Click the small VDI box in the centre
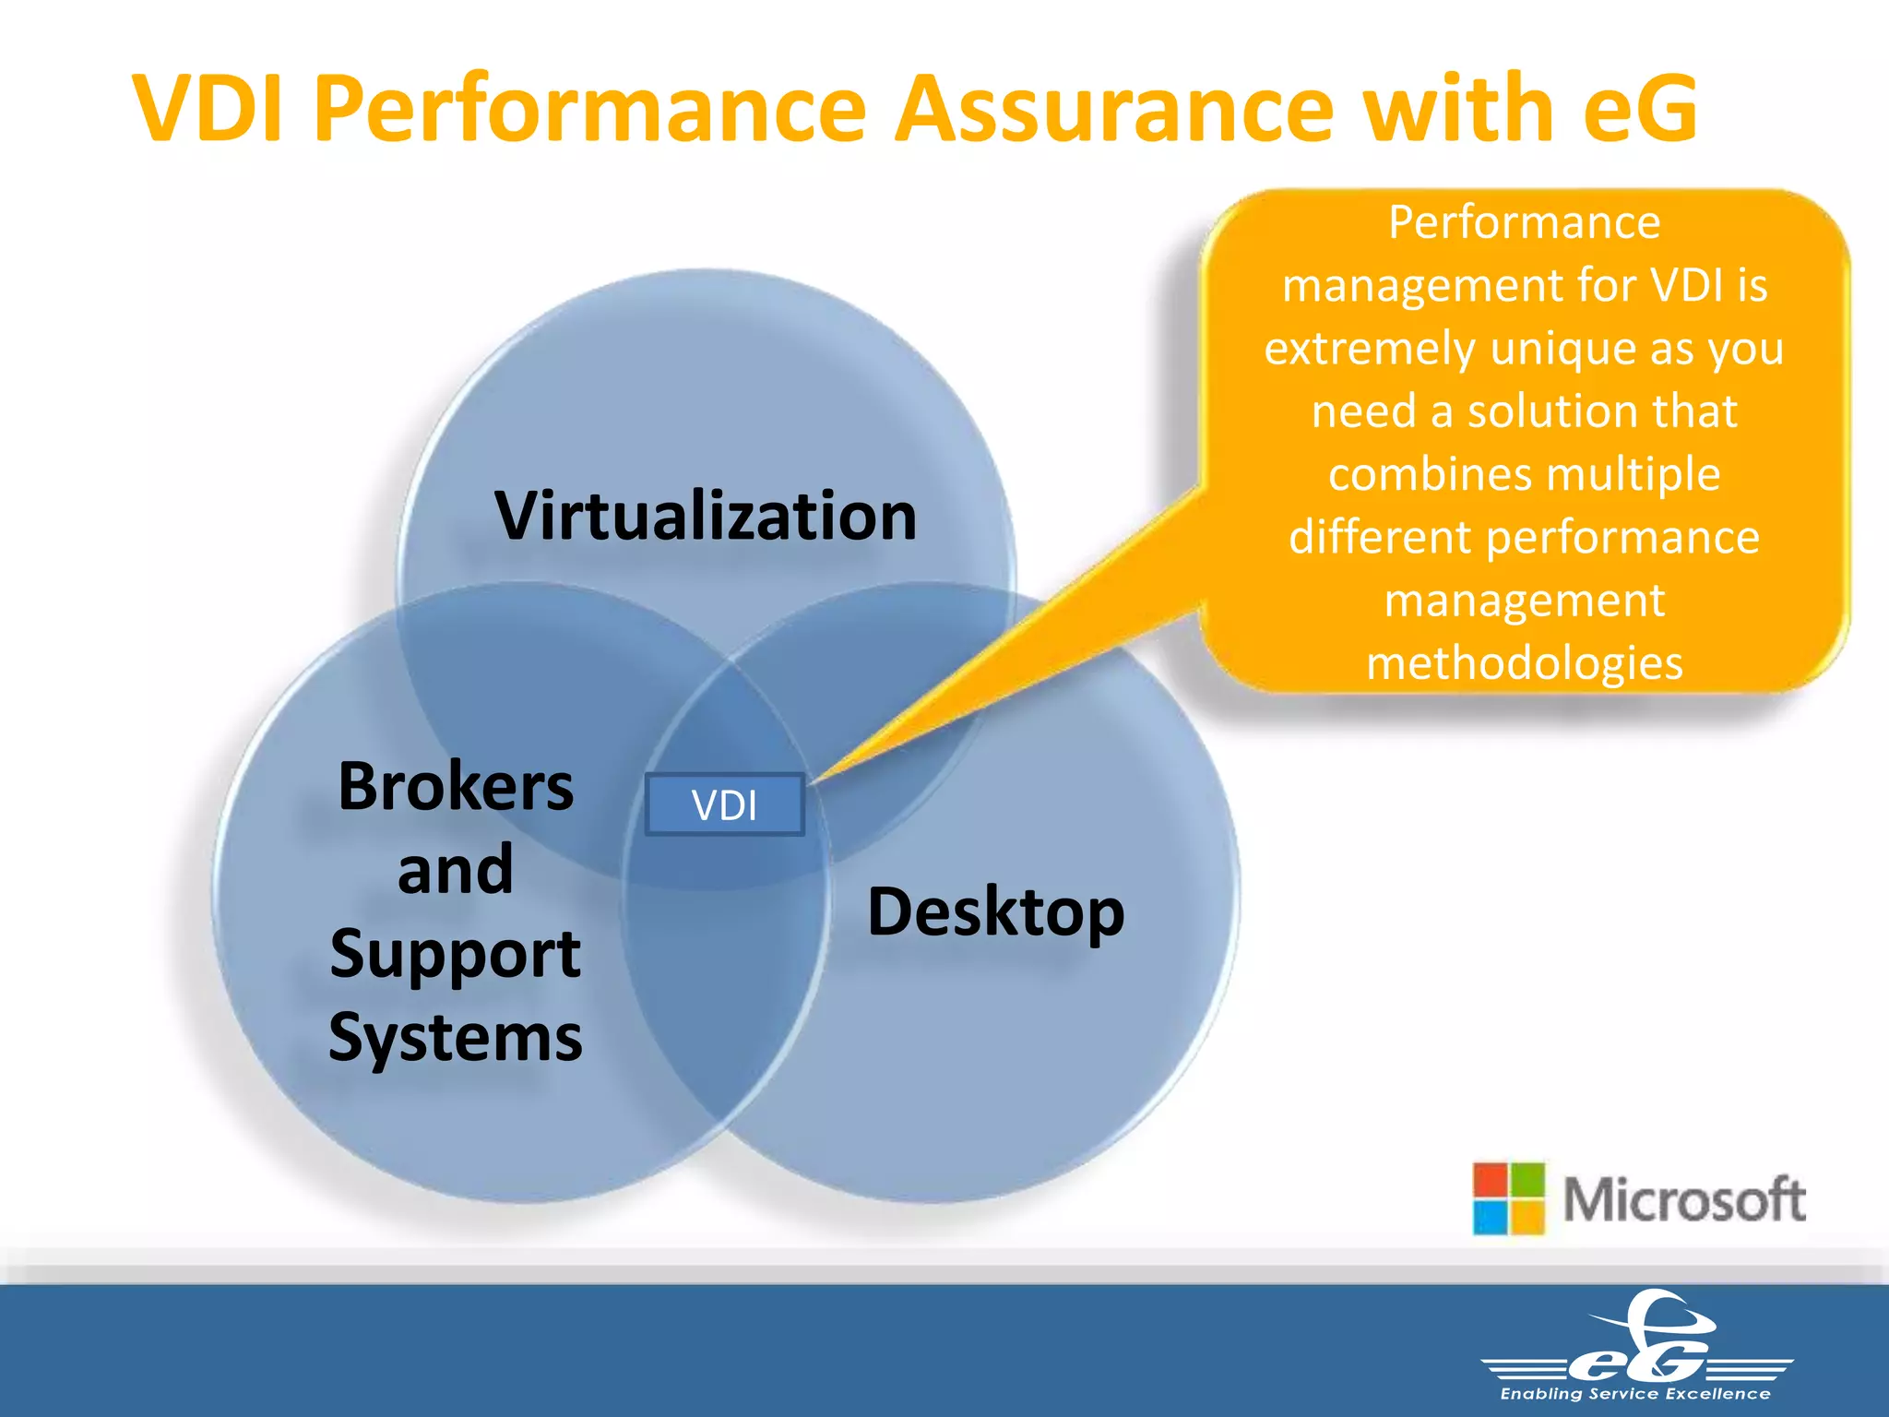pyautogui.click(x=725, y=805)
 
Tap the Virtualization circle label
pyautogui.click(x=706, y=516)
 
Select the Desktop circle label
pyautogui.click(x=996, y=912)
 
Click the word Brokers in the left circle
pyautogui.click(x=456, y=787)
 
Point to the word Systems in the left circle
pyautogui.click(x=456, y=1038)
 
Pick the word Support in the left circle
pyautogui.click(x=456, y=954)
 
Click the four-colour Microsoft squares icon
pyautogui.click(x=1508, y=1198)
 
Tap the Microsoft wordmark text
pyautogui.click(x=1684, y=1200)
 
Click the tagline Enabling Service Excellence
pyautogui.click(x=1635, y=1394)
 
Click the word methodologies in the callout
pyautogui.click(x=1525, y=663)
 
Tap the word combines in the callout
pyautogui.click(x=1430, y=474)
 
